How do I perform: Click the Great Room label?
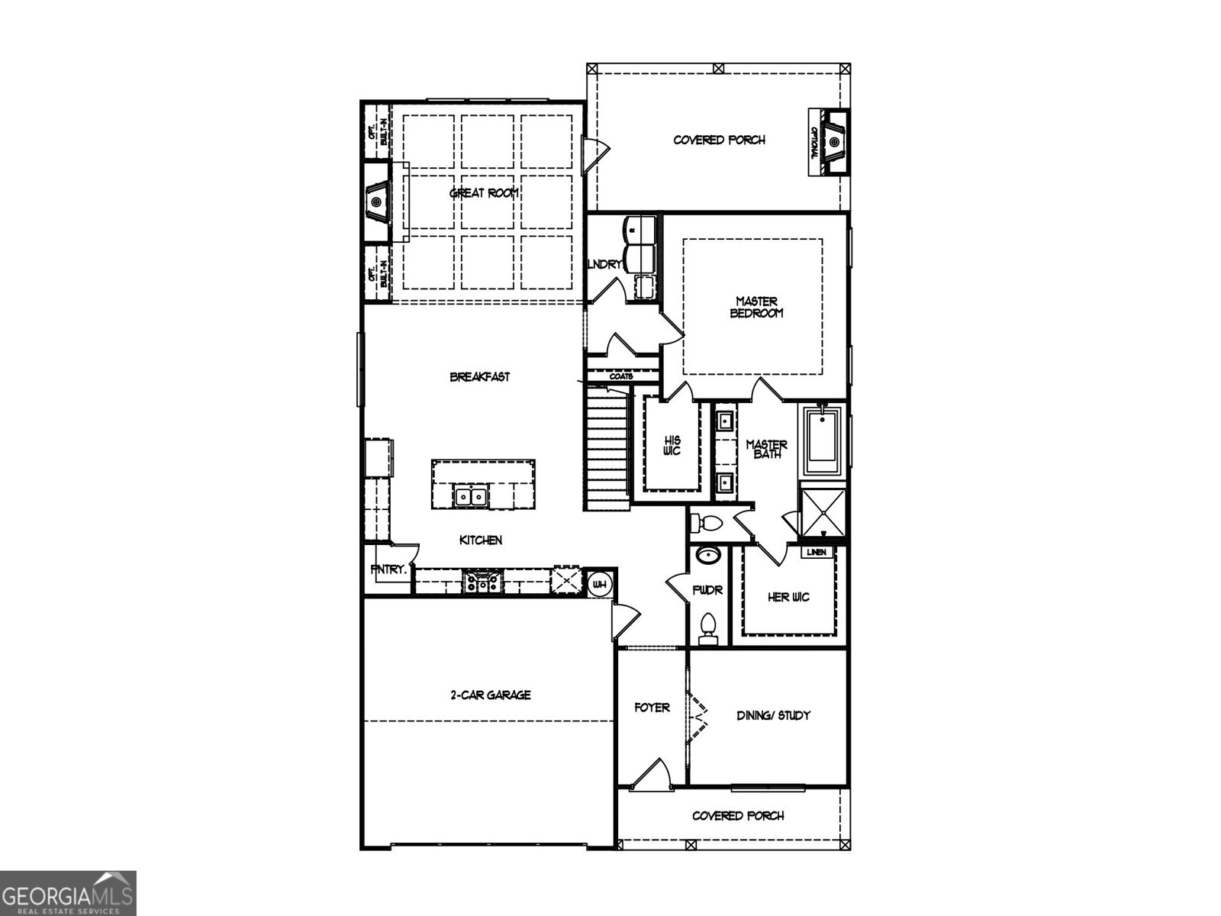(x=485, y=193)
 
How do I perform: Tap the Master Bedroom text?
(x=756, y=307)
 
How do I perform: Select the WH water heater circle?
(x=600, y=585)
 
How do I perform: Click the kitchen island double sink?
(x=471, y=497)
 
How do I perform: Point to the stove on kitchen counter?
(x=483, y=583)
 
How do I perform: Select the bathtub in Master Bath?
(x=822, y=437)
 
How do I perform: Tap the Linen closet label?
(x=817, y=552)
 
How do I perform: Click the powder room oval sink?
(x=709, y=555)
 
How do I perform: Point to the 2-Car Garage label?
(x=490, y=695)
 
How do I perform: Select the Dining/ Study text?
(x=773, y=715)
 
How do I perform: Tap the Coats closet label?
(x=621, y=376)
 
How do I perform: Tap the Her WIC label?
(x=788, y=597)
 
